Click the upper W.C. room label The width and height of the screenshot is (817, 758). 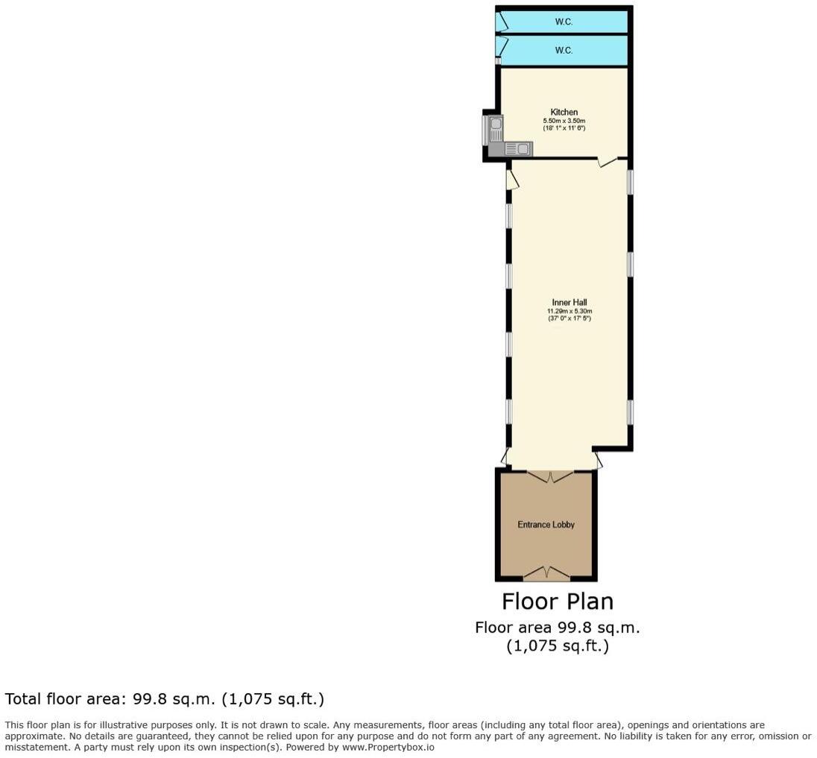(x=564, y=22)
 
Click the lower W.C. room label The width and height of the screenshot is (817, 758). (x=564, y=51)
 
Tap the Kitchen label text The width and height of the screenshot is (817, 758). (x=564, y=113)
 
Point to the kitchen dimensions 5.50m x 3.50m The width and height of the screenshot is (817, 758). (x=564, y=121)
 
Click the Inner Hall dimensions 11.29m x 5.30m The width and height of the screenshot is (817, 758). (x=570, y=311)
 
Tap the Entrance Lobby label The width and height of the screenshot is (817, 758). (x=546, y=525)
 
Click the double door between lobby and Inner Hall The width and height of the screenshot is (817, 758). (x=550, y=476)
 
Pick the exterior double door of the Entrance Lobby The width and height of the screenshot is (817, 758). (x=546, y=572)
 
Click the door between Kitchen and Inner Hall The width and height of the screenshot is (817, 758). (x=608, y=161)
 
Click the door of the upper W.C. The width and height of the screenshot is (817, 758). (x=502, y=21)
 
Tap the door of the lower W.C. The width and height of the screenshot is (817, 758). (x=502, y=47)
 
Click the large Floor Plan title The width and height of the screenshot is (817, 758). (x=558, y=601)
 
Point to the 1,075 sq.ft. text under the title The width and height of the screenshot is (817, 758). (x=558, y=646)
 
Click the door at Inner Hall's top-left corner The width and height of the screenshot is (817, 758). (x=511, y=180)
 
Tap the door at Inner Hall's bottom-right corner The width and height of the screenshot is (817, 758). (x=599, y=461)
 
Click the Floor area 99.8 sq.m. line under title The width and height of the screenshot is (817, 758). (x=558, y=628)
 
